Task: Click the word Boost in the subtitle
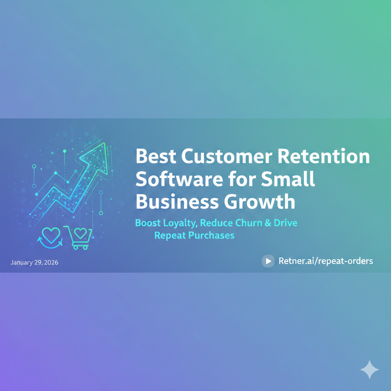pos(148,223)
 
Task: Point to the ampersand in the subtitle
pos(267,223)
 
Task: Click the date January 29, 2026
pos(34,263)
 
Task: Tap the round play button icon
pos(268,261)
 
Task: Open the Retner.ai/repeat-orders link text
pos(326,261)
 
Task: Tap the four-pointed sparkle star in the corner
pos(370,369)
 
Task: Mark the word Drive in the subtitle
pos(285,223)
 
